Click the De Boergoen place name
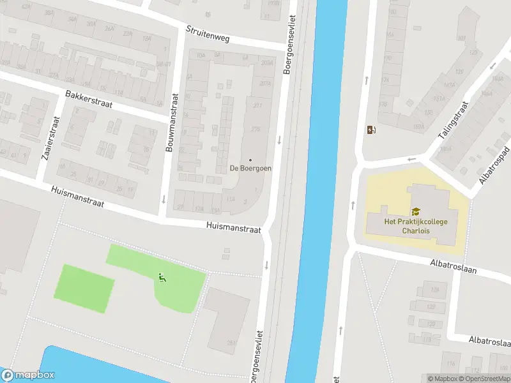[x=250, y=169]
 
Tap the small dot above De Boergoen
[x=250, y=160]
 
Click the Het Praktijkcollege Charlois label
[x=416, y=226]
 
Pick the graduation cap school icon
[x=416, y=212]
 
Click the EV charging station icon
[x=371, y=130]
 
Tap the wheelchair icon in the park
[x=162, y=278]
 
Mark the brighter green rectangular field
[x=86, y=288]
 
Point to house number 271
[x=257, y=105]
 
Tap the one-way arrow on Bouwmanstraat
[x=164, y=199]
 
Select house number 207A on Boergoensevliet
[x=265, y=84]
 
